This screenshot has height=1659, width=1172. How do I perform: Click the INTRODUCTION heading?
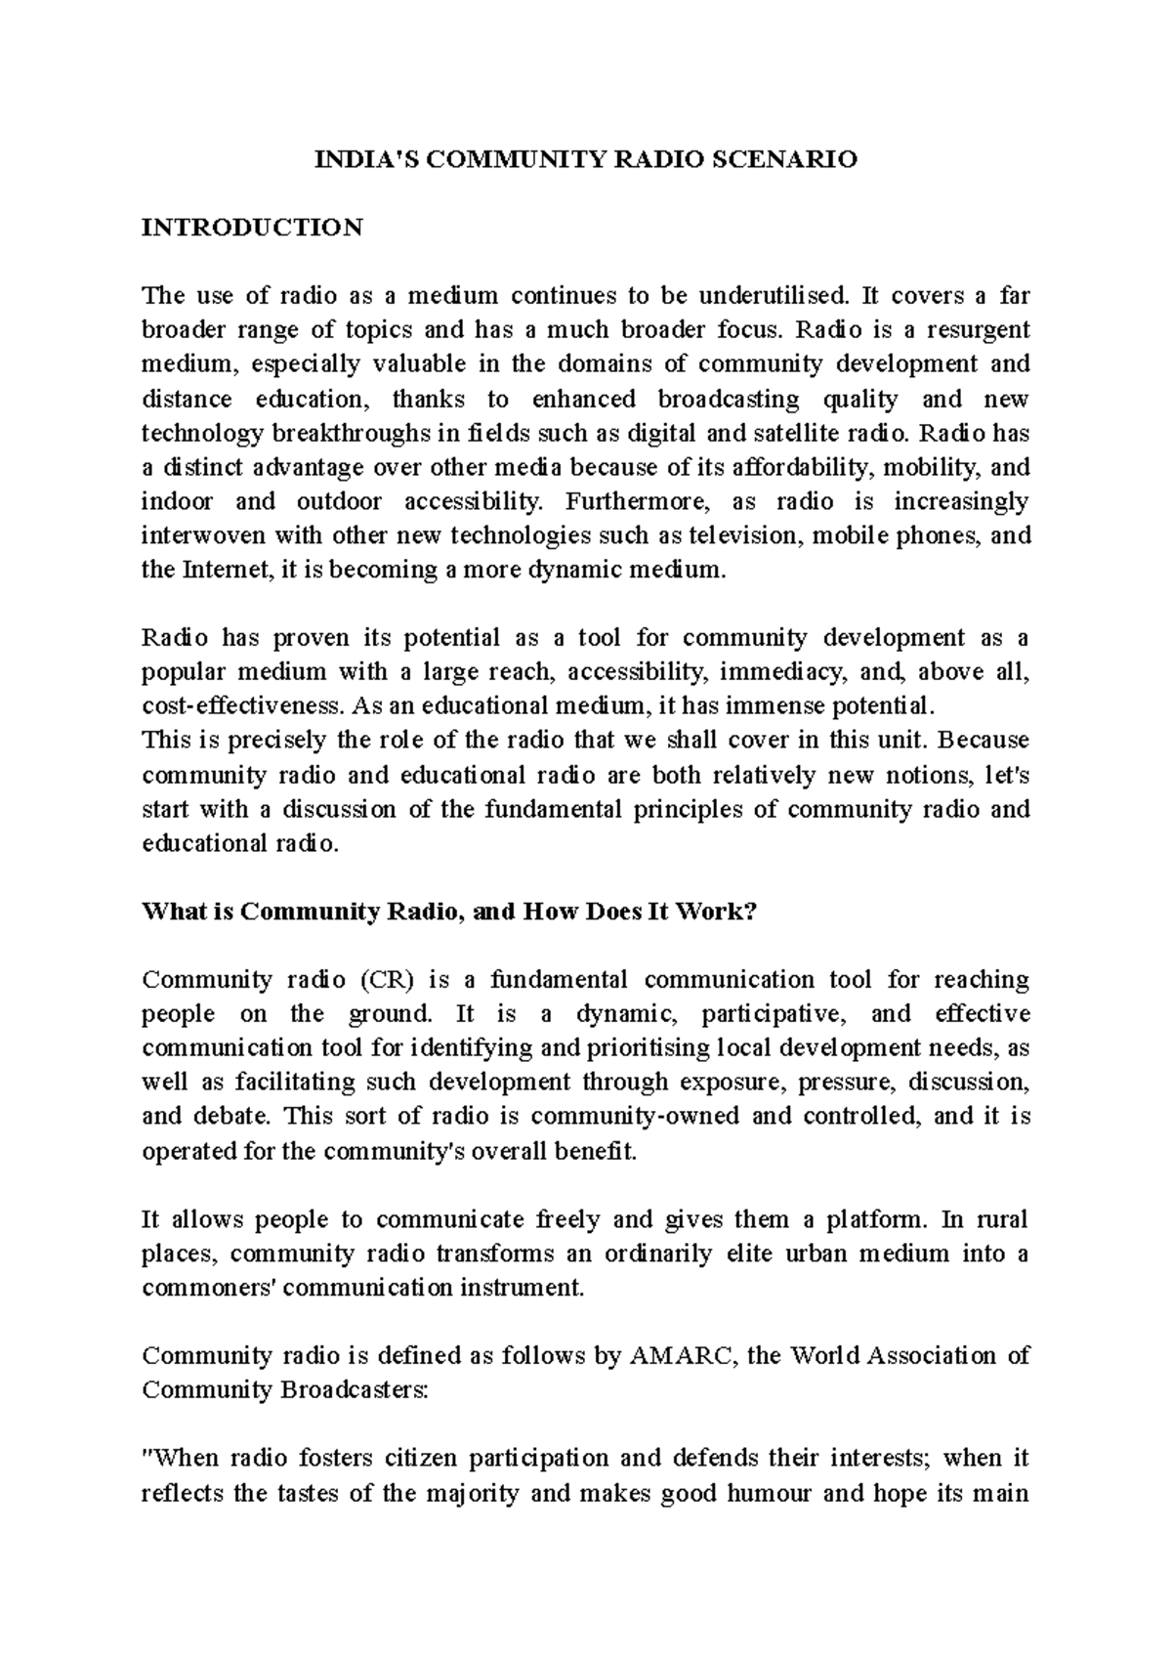coord(252,228)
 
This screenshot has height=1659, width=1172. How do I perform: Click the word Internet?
coord(221,570)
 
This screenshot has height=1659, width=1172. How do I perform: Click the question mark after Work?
coord(750,912)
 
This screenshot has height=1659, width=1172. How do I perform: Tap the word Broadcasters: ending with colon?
coord(355,1389)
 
